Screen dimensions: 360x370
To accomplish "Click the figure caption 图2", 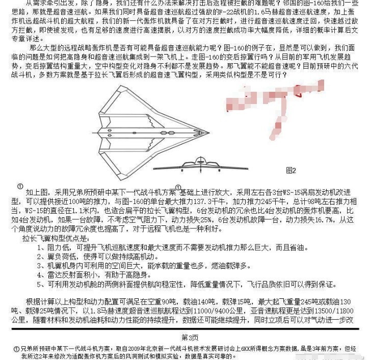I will (291, 169).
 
